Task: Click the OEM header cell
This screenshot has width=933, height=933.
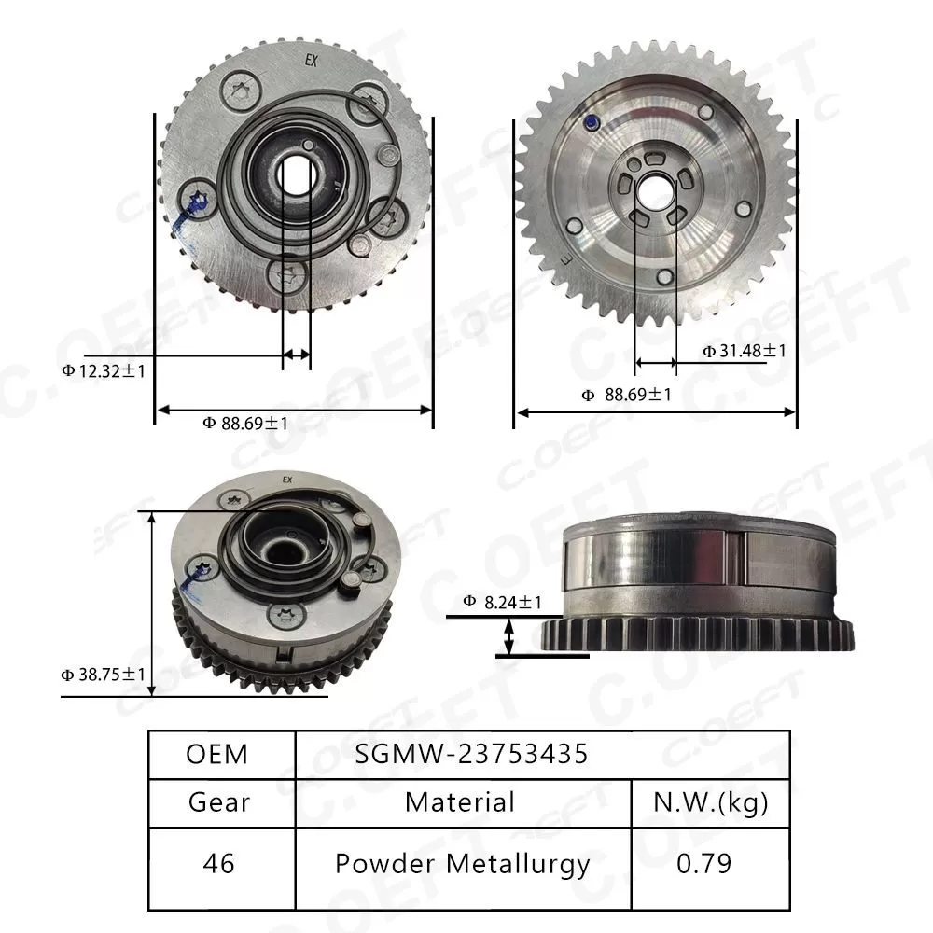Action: [217, 754]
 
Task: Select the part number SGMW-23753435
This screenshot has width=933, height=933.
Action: [471, 754]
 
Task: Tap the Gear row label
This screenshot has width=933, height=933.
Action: [218, 801]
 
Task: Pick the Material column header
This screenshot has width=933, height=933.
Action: [460, 801]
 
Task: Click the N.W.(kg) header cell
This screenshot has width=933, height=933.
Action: [710, 801]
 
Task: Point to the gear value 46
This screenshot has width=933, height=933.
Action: [218, 863]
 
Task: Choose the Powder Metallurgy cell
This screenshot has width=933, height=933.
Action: [462, 863]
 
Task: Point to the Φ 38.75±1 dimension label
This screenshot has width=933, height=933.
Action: [103, 674]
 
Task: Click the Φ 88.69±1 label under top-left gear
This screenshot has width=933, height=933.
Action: [245, 424]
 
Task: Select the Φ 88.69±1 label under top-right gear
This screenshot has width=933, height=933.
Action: [626, 395]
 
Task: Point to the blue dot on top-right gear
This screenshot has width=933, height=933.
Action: [591, 121]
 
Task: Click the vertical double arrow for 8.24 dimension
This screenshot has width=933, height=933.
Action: [509, 638]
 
